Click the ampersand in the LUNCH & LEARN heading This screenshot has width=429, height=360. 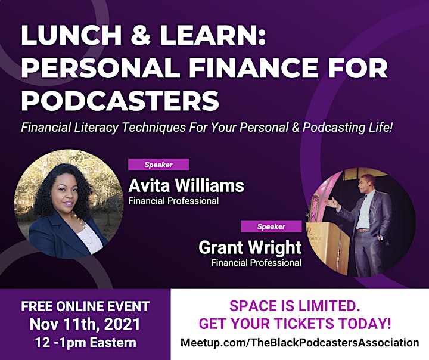[x=141, y=35]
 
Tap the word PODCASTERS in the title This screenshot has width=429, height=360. [x=120, y=101]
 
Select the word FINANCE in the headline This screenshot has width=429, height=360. [x=254, y=67]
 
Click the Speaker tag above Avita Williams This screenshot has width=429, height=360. [x=158, y=165]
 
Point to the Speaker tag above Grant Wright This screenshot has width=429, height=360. [x=271, y=226]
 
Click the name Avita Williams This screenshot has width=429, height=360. [x=186, y=185]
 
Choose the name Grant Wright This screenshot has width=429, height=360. [x=250, y=247]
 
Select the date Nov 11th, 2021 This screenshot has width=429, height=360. [x=85, y=324]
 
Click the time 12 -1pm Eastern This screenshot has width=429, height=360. [x=86, y=343]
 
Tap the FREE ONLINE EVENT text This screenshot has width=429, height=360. [x=85, y=306]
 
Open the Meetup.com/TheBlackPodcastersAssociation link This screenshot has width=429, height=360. [x=300, y=343]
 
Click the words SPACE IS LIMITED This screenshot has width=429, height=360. [x=295, y=306]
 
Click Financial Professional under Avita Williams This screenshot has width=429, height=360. [x=173, y=201]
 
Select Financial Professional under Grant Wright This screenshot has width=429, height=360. [x=256, y=263]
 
